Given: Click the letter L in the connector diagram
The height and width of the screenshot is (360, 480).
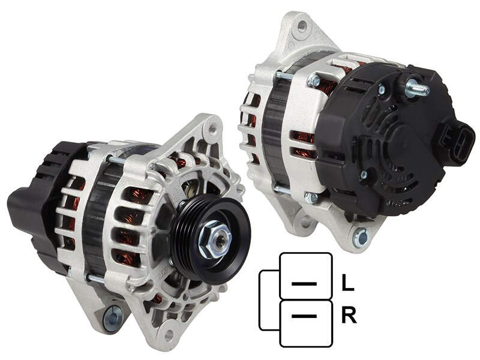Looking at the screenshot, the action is coord(347,282).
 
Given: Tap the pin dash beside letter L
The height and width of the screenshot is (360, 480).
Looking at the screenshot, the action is coord(304,284).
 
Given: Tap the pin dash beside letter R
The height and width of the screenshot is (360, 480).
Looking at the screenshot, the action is coord(304,316).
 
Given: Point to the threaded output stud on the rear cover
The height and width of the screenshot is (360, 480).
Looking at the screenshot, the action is coord(417,88).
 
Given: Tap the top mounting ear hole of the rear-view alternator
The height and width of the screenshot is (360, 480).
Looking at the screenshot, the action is coord(302,25).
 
